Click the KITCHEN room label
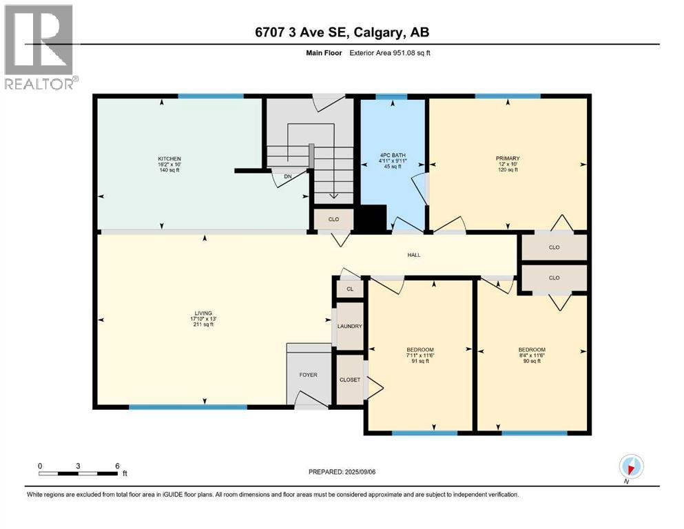(x=169, y=159)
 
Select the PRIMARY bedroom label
(x=508, y=158)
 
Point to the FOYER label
(x=308, y=375)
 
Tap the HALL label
(x=413, y=255)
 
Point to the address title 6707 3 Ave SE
(x=342, y=32)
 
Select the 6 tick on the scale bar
(x=118, y=466)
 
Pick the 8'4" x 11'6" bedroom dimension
(x=531, y=355)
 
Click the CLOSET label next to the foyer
(x=349, y=380)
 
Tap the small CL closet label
(x=350, y=289)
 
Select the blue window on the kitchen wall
(x=211, y=96)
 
